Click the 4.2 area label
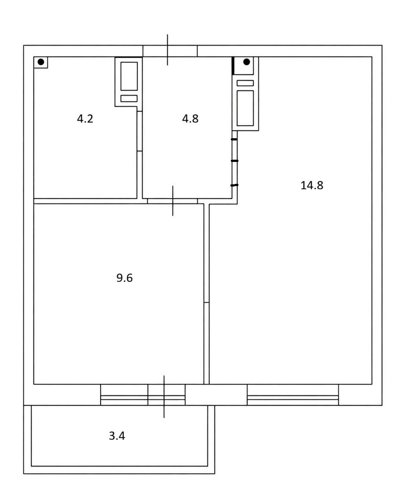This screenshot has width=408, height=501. (85, 119)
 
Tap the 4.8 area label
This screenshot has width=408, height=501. (190, 119)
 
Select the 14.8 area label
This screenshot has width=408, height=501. (312, 185)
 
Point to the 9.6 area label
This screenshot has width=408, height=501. (124, 278)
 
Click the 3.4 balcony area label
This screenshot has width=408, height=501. (117, 436)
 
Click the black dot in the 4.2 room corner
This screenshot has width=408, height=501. (41, 62)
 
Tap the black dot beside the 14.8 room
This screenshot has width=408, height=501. (246, 62)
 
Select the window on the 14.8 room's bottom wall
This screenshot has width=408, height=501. (293, 395)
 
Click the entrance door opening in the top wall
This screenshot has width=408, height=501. (170, 51)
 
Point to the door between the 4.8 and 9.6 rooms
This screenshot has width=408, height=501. (173, 201)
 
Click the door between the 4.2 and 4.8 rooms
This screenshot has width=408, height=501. (140, 131)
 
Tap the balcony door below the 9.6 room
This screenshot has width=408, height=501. (166, 395)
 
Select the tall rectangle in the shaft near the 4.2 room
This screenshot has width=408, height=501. (129, 76)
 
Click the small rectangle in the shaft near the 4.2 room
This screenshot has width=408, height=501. (129, 98)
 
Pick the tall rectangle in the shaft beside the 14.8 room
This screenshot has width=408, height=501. (245, 108)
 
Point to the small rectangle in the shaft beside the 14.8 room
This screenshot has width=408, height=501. (245, 83)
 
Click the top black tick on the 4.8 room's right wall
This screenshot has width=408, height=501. (234, 139)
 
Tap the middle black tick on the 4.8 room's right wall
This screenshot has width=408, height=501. (234, 161)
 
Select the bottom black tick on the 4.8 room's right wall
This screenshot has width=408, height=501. (234, 185)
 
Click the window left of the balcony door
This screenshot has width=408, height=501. (124, 395)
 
